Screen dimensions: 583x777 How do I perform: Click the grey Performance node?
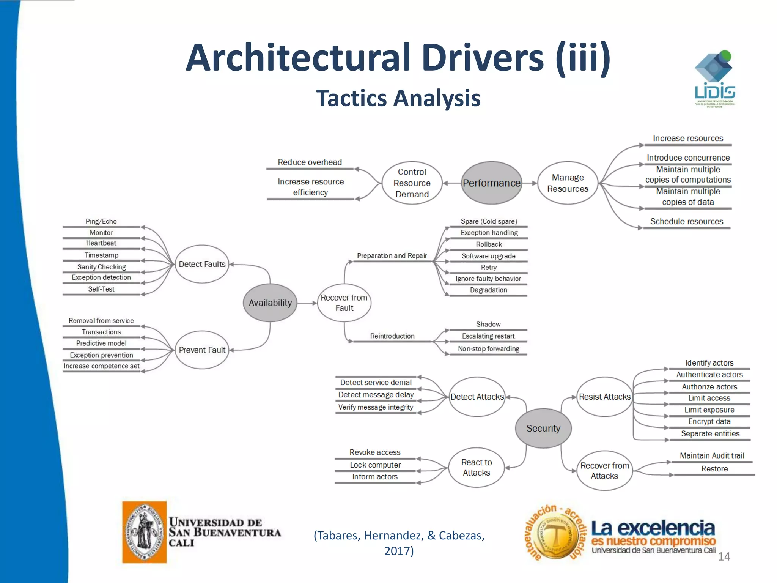click(x=491, y=183)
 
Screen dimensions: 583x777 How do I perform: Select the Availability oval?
click(x=270, y=303)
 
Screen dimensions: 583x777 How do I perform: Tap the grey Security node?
click(x=543, y=428)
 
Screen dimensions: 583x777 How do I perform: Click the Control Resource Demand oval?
click(x=412, y=183)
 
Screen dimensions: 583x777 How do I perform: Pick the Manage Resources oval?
click(x=568, y=183)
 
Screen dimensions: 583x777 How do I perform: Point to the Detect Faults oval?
click(x=202, y=264)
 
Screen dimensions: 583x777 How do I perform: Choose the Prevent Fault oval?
click(x=202, y=350)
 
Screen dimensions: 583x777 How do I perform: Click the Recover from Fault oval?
click(x=344, y=303)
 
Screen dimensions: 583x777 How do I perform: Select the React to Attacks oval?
click(x=477, y=468)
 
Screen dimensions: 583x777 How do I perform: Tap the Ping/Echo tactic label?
click(x=101, y=221)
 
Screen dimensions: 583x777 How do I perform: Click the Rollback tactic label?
click(x=489, y=244)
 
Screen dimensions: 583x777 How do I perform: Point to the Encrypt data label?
click(x=709, y=421)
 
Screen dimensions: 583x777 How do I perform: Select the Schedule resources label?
click(x=687, y=221)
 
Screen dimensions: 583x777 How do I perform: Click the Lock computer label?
click(x=375, y=465)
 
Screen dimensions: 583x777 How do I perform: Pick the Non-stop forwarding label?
click(x=489, y=348)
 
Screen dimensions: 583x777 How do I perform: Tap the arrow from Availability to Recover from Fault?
click(x=307, y=303)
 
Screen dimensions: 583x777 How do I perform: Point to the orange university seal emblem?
click(x=144, y=532)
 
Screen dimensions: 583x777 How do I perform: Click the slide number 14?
click(x=724, y=556)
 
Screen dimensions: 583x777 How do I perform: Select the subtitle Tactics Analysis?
click(x=398, y=98)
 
